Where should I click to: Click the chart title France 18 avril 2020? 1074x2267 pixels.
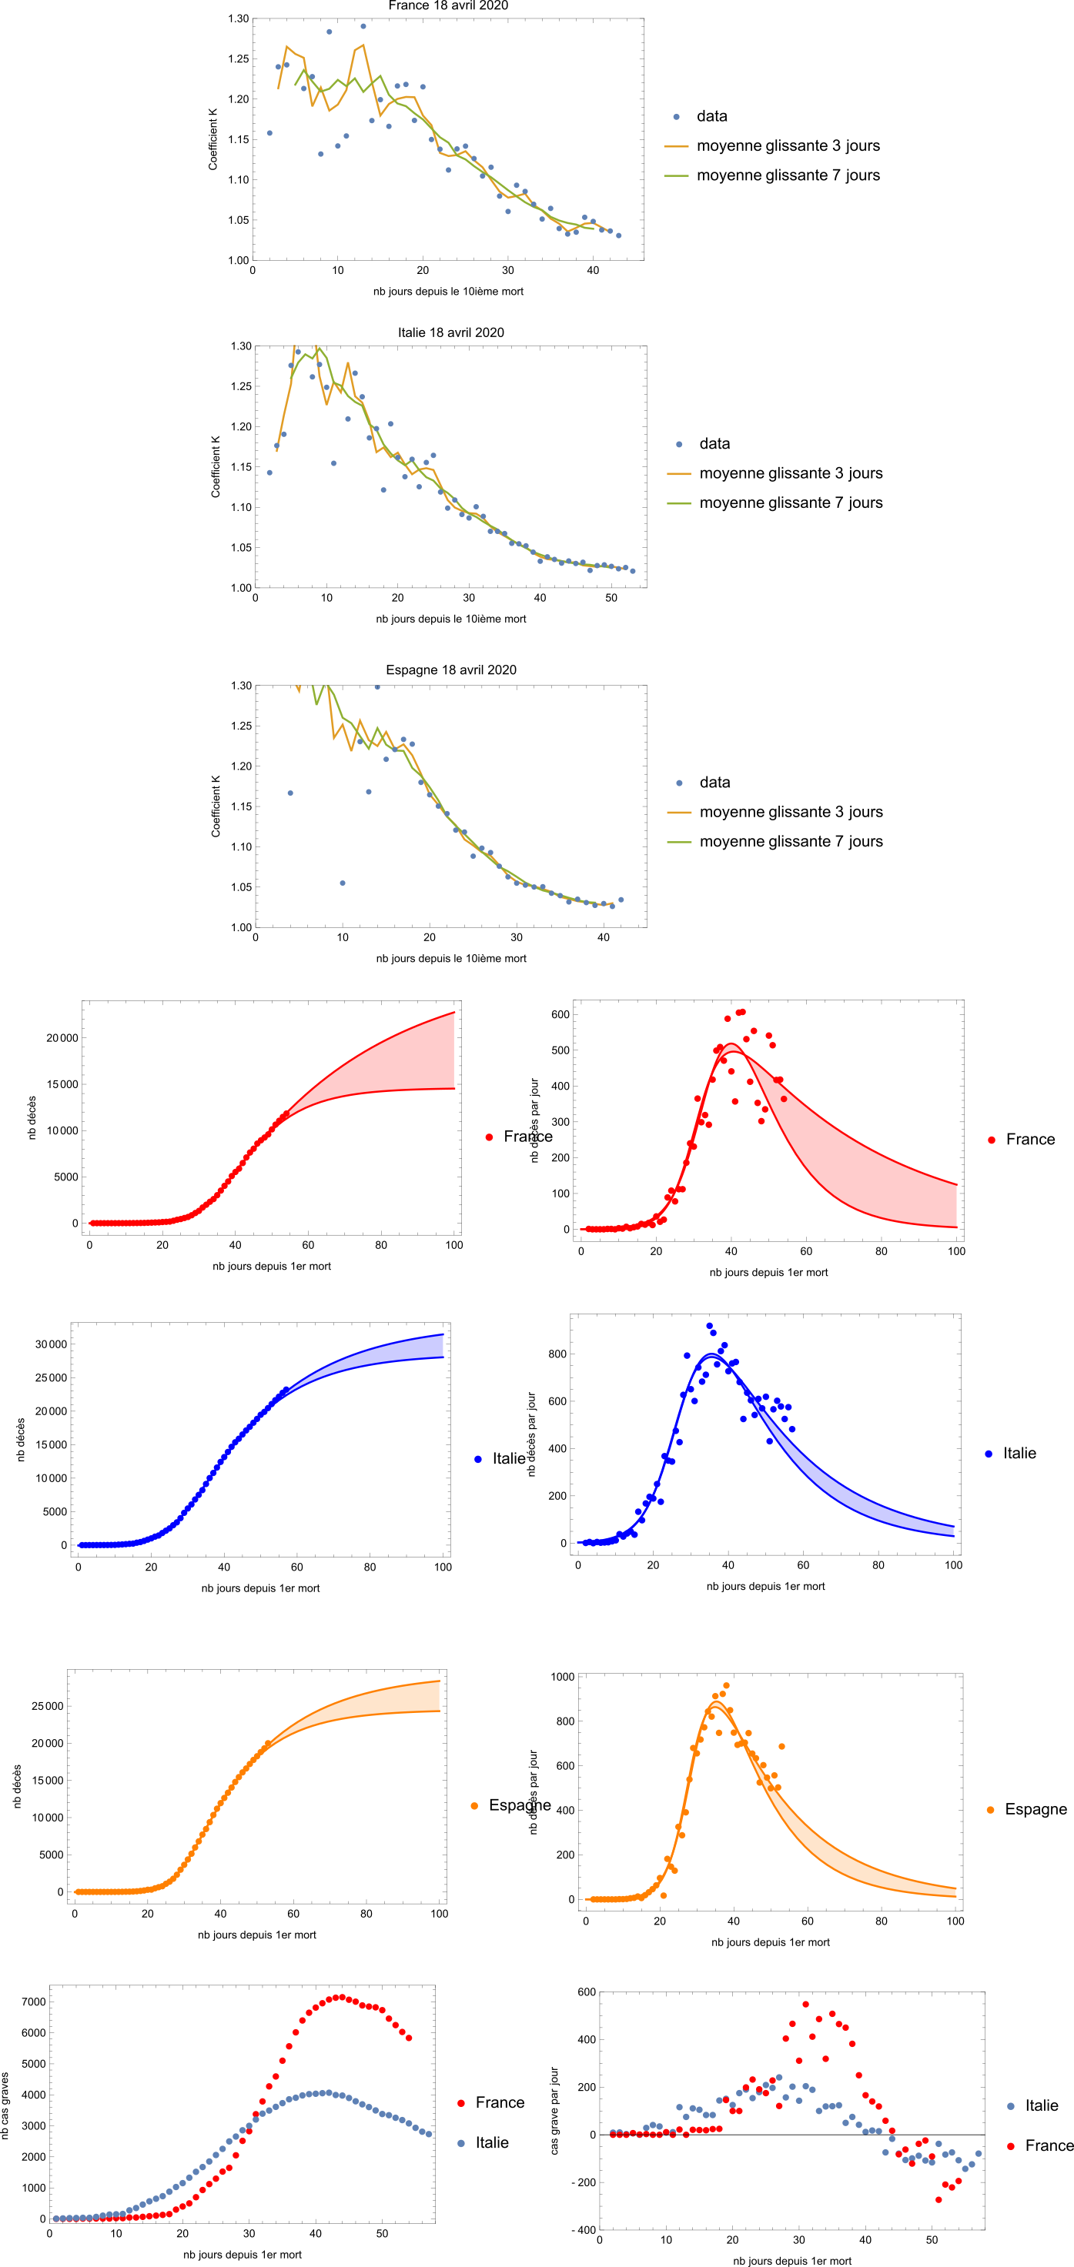point(448,6)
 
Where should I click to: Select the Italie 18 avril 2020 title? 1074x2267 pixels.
point(450,332)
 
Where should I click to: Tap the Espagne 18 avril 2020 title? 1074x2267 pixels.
point(450,669)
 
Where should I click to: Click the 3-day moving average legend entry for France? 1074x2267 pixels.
point(788,146)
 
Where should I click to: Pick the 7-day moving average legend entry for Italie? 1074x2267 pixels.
point(791,502)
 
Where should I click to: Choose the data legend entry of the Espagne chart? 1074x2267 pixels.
point(714,783)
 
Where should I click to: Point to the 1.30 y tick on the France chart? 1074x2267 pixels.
point(239,18)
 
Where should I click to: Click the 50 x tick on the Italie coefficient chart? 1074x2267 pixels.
point(611,599)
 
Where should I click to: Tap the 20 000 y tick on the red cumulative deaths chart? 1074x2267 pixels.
point(62,1038)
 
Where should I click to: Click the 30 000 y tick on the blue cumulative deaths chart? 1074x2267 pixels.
point(51,1344)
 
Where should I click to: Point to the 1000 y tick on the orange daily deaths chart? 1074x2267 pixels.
point(563,1678)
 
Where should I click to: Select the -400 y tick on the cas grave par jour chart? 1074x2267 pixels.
point(584,2230)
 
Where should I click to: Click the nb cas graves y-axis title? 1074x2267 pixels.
point(5,2105)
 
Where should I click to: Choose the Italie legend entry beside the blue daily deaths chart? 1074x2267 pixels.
point(1019,1454)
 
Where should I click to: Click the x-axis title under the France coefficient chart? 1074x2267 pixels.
point(448,292)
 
